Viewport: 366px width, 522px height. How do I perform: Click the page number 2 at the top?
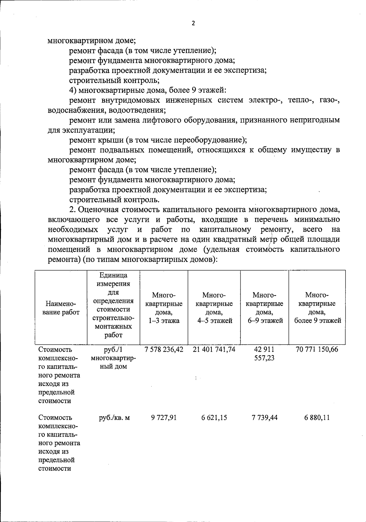point(193,24)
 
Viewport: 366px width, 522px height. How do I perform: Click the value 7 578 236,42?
point(164,349)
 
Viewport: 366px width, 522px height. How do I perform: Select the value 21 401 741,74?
point(214,349)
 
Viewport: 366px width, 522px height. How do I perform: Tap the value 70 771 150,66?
point(317,349)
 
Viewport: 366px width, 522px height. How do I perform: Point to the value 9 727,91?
point(164,417)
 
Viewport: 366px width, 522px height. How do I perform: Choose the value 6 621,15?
point(214,417)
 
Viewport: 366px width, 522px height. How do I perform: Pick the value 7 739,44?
point(264,417)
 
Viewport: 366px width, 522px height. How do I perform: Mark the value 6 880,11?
point(317,417)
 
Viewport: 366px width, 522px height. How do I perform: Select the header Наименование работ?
point(61,308)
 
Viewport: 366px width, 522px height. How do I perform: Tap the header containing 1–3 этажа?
point(164,308)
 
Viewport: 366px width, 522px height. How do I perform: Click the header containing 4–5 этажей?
point(214,308)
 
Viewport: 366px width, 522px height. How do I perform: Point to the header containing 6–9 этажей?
point(264,308)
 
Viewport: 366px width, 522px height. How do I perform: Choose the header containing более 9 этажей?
point(317,308)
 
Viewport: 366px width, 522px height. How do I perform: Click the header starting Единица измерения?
point(113,306)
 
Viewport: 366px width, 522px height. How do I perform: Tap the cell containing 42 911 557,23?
point(264,354)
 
